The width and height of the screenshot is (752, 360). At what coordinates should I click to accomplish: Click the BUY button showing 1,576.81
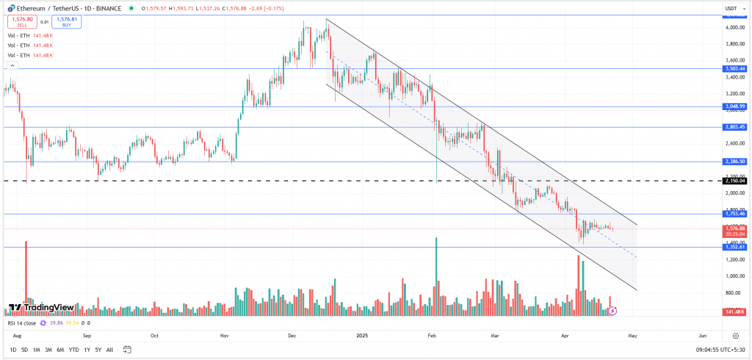(x=66, y=22)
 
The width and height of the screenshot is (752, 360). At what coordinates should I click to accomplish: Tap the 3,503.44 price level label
(x=735, y=68)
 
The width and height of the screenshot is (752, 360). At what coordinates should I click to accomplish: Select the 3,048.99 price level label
(x=735, y=107)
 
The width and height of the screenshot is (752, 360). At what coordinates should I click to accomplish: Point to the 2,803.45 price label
(x=735, y=127)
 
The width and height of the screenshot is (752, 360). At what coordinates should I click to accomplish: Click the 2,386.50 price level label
(x=735, y=162)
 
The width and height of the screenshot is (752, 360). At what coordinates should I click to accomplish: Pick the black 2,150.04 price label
(x=735, y=180)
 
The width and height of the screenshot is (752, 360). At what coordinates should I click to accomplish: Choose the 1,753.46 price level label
(x=735, y=214)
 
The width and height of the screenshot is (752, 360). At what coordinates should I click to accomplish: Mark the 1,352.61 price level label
(x=735, y=247)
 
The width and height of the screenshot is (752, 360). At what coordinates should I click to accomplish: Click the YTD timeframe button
(x=73, y=350)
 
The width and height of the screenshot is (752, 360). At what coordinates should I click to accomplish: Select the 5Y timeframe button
(x=98, y=350)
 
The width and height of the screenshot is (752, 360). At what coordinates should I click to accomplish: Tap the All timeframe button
(x=109, y=350)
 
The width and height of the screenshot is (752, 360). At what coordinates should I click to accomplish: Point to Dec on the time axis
(x=292, y=335)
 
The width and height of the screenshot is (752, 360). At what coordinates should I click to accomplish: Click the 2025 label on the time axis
(x=361, y=335)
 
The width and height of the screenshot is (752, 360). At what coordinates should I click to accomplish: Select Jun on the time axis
(x=703, y=335)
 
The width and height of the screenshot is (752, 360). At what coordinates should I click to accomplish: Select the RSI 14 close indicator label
(x=22, y=322)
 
